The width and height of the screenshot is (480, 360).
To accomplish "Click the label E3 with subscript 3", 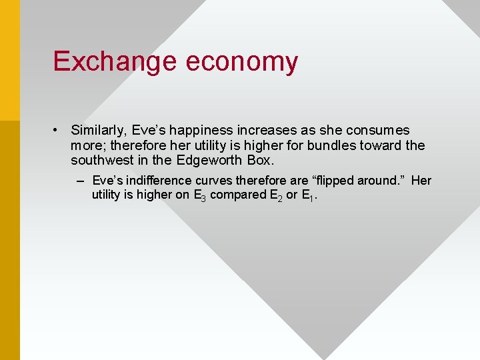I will tap(200, 196).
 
